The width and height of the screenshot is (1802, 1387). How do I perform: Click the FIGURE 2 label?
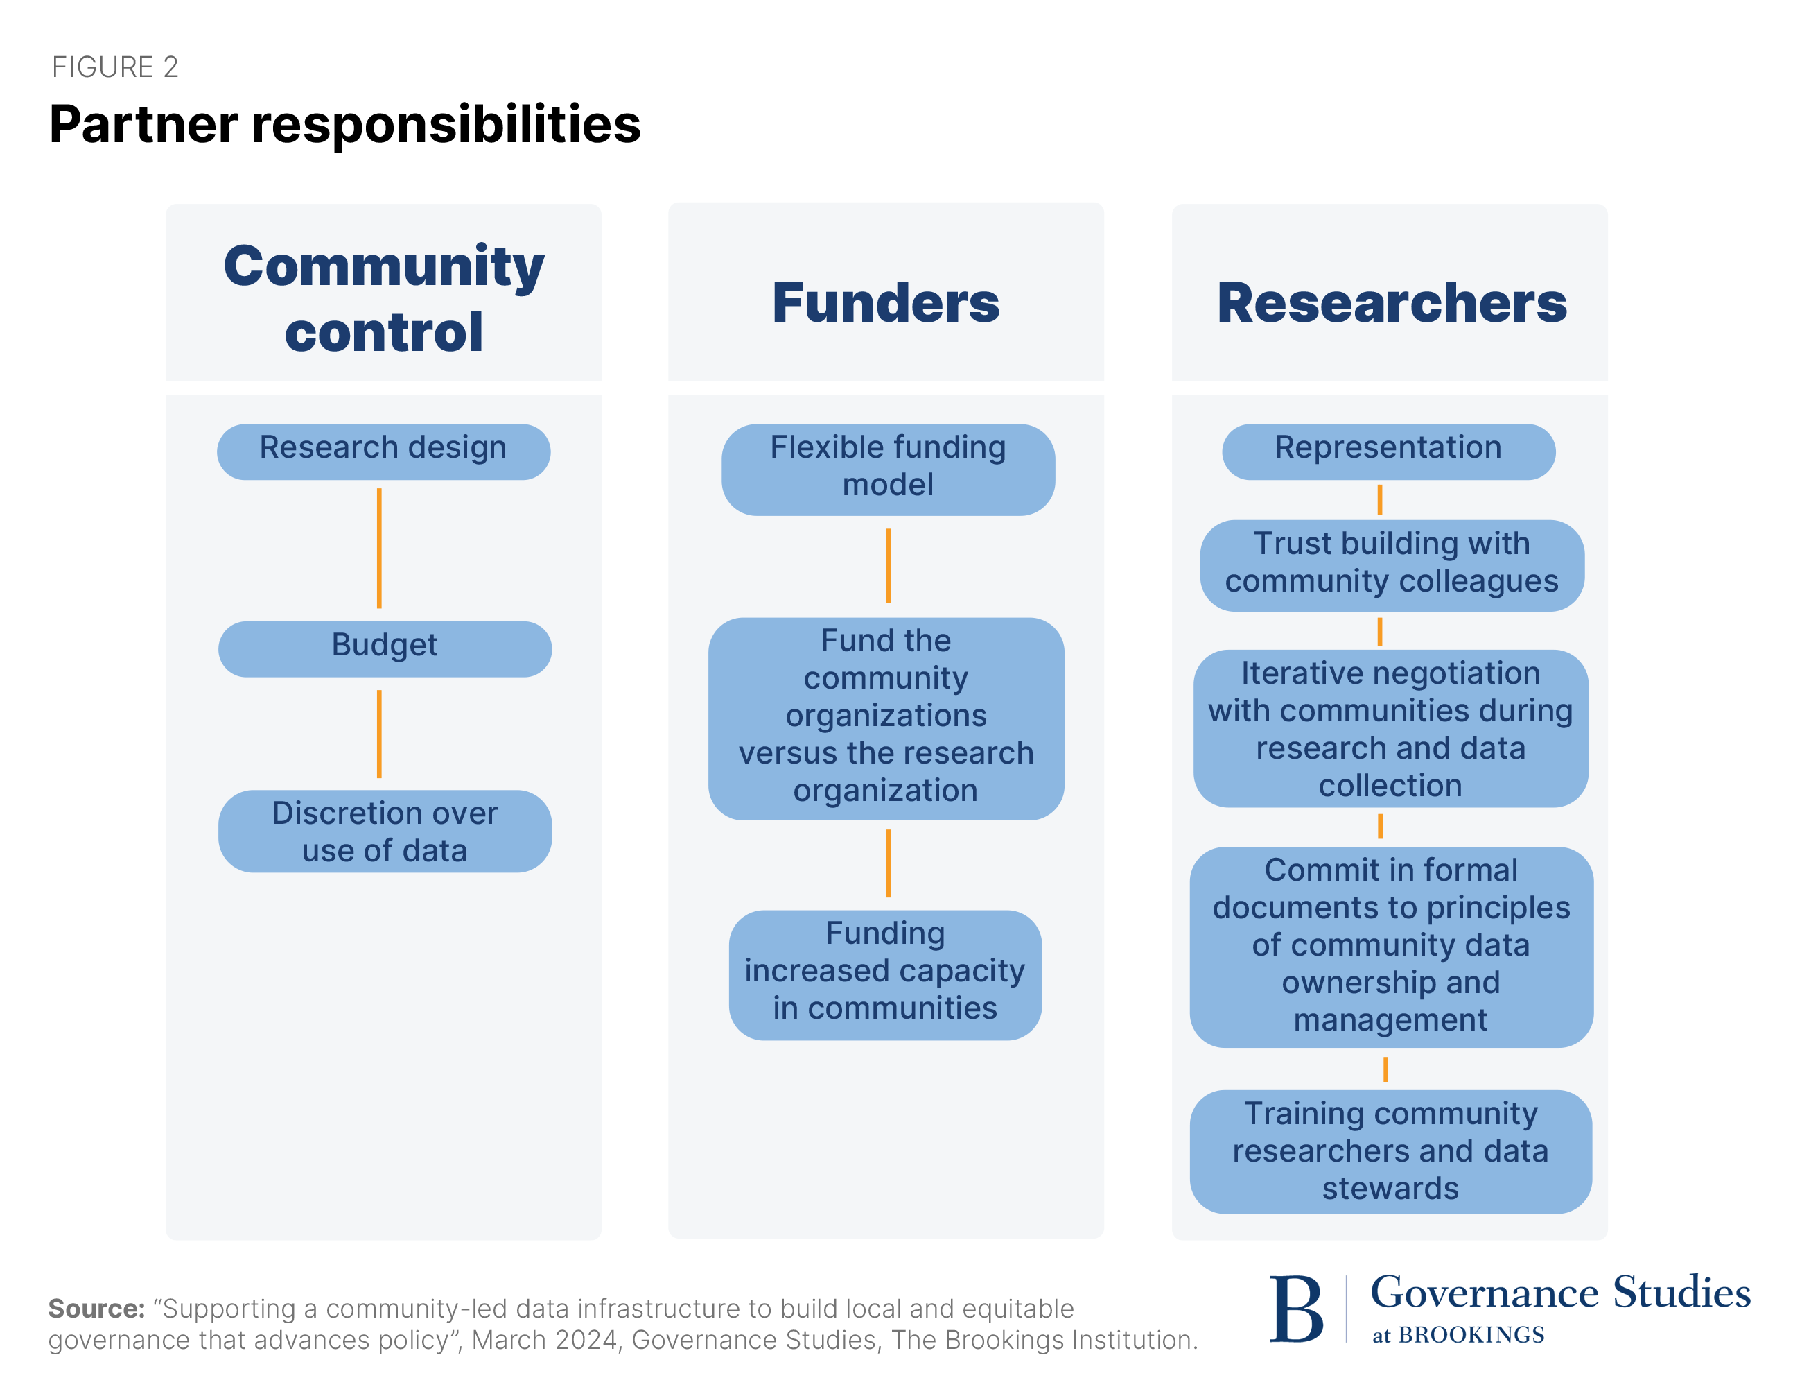(114, 67)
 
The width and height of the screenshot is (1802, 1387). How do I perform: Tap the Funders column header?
(885, 302)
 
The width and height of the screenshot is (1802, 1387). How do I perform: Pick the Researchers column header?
(1391, 302)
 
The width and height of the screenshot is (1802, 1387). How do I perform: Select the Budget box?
(385, 648)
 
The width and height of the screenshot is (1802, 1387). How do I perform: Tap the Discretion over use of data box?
(385, 831)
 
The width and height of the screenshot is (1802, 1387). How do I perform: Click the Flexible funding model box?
(888, 469)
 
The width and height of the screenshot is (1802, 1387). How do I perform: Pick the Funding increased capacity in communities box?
(884, 974)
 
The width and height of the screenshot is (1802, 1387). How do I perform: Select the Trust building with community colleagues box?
(1391, 565)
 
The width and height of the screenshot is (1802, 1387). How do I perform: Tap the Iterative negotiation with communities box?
(1390, 728)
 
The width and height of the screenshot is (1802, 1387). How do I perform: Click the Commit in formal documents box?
(1390, 946)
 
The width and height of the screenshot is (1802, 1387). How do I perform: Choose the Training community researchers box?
(1390, 1151)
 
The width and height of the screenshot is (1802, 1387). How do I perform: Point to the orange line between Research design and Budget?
(378, 548)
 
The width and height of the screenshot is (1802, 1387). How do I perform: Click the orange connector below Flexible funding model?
(888, 565)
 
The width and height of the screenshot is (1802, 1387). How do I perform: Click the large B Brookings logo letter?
(1295, 1309)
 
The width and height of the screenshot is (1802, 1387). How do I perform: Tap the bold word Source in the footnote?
(96, 1309)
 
